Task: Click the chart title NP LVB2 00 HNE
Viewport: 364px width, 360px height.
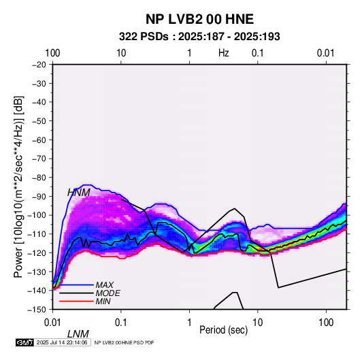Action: point(199,19)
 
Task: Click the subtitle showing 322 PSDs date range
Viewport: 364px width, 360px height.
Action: point(199,37)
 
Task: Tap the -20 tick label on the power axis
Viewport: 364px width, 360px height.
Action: point(39,65)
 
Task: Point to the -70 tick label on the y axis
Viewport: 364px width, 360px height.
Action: point(39,159)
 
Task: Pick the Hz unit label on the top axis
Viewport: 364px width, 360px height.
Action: point(224,53)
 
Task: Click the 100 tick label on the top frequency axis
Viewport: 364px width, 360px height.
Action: point(52,53)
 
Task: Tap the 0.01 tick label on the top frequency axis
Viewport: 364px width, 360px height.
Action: point(326,53)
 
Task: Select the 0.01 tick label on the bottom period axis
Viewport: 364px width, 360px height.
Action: point(52,323)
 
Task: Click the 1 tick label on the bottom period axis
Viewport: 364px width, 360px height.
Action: point(189,323)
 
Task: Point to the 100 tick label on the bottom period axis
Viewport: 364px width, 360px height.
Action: point(326,323)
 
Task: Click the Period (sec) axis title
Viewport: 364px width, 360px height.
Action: point(224,330)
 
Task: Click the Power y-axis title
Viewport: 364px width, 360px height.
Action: point(18,186)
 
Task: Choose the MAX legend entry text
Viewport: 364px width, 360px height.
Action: point(105,284)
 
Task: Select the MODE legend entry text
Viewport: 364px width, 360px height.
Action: point(108,293)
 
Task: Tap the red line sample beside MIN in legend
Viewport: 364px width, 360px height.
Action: point(76,301)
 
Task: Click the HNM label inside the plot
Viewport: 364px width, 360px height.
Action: point(79,193)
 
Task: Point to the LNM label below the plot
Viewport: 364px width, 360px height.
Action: point(78,334)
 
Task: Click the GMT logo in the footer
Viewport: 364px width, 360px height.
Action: point(25,342)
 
